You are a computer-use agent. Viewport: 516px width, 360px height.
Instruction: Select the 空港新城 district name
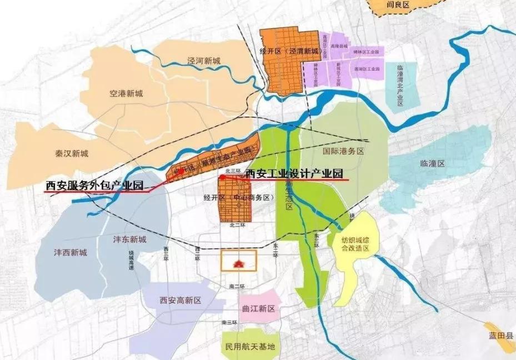126,93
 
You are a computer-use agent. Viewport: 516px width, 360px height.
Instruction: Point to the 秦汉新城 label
72,153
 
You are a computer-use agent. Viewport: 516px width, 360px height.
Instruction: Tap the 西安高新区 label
180,301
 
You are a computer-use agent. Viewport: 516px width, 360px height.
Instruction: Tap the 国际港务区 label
343,151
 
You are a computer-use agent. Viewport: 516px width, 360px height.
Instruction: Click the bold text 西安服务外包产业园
95,186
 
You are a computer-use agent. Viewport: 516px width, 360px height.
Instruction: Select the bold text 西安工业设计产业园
295,173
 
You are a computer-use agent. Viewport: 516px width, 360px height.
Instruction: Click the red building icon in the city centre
239,261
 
